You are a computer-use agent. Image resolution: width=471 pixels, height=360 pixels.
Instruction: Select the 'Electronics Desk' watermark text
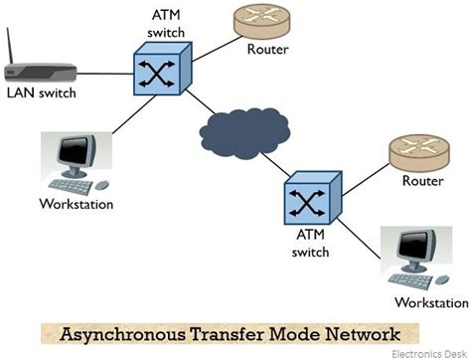[423, 352]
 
